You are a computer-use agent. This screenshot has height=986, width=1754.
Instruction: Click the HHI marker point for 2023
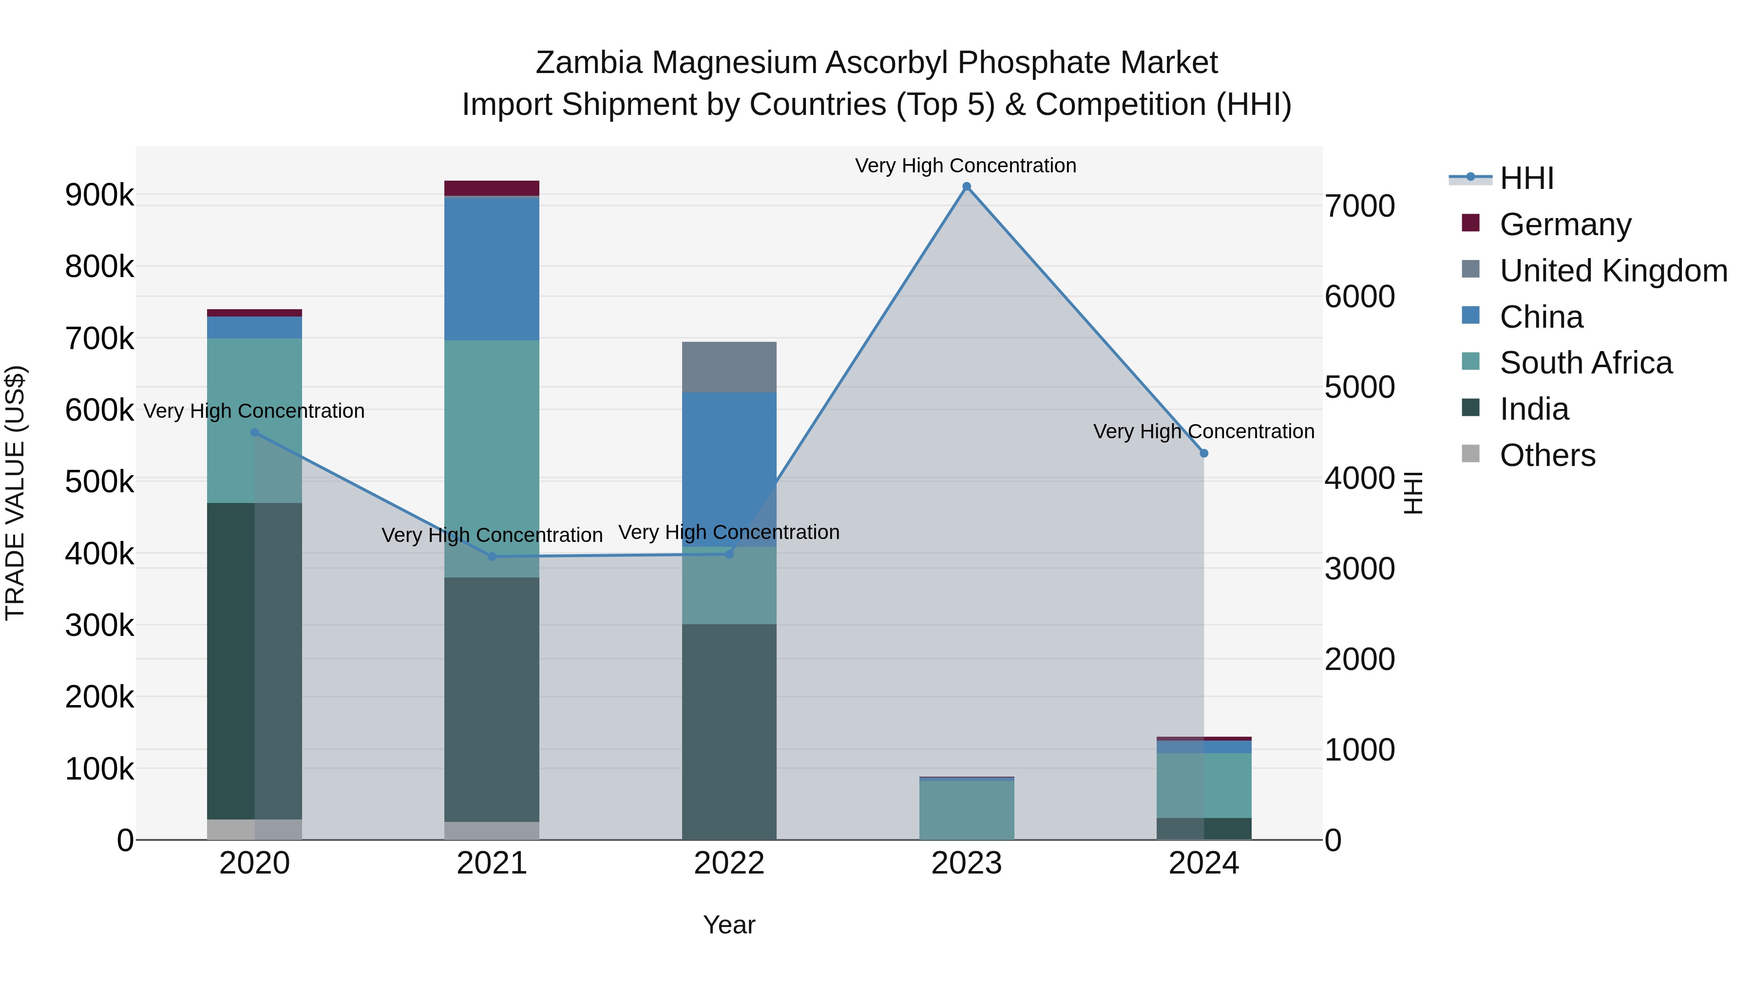[x=966, y=186]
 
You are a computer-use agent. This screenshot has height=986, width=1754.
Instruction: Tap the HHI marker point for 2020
[x=255, y=432]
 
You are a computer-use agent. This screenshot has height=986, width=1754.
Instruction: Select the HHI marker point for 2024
[x=1204, y=453]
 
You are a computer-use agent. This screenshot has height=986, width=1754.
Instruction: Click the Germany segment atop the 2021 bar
[x=492, y=188]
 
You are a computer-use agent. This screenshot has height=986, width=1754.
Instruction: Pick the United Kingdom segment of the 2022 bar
[x=729, y=368]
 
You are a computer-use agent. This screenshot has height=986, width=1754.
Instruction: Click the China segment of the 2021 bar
[x=492, y=268]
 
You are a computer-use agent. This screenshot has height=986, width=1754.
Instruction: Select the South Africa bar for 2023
[x=966, y=810]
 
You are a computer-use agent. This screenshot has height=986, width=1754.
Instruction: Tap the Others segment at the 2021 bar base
[x=492, y=831]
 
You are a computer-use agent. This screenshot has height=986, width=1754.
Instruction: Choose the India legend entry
[x=1534, y=409]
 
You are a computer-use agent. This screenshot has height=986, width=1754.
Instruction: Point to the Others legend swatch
[x=1471, y=454]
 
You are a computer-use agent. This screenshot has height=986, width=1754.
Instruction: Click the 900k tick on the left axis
[x=99, y=196]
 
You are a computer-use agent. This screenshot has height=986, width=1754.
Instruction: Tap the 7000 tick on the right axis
[x=1359, y=206]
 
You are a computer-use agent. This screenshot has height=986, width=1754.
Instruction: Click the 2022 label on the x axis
[x=729, y=863]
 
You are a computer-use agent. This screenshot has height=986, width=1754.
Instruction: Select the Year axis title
[x=729, y=925]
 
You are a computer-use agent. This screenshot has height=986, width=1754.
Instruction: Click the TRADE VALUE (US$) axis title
[x=15, y=493]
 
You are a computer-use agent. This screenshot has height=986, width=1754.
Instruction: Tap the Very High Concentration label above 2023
[x=966, y=166]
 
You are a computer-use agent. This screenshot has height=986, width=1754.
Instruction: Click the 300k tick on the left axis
[x=99, y=625]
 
